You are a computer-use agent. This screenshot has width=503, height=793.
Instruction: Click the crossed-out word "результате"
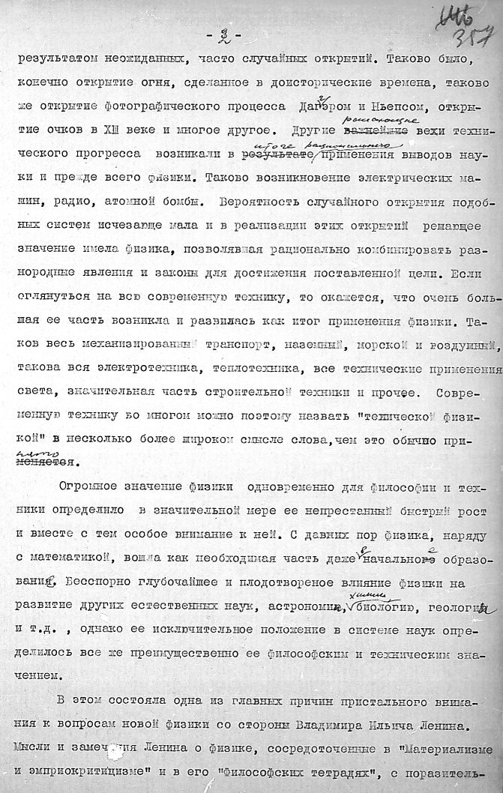[274, 154]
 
